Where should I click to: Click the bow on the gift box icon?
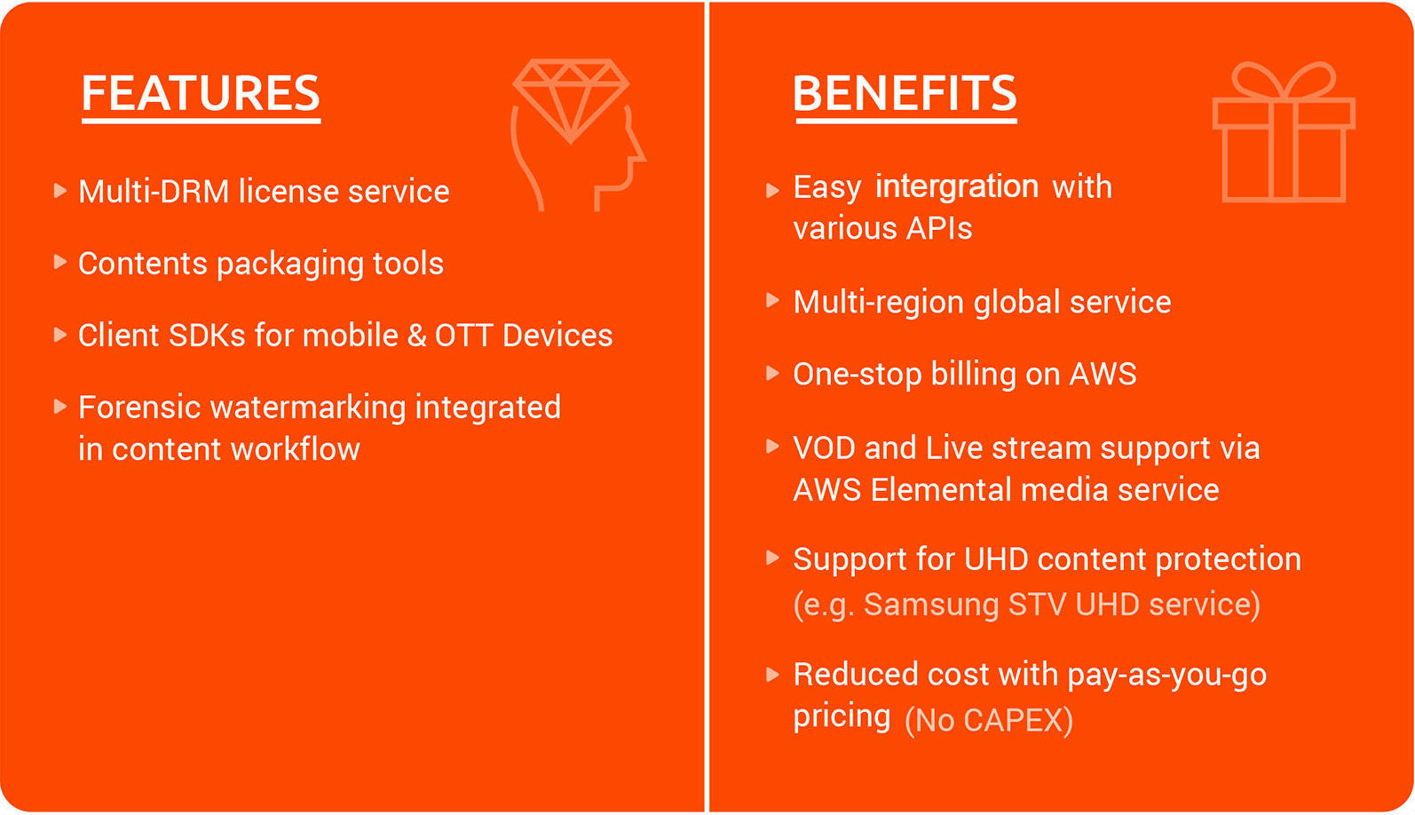click(x=1284, y=80)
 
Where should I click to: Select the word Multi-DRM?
click(x=154, y=191)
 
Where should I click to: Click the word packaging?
click(x=290, y=264)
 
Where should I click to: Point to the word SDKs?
click(x=207, y=335)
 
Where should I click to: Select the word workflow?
click(x=295, y=449)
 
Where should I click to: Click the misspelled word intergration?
click(x=957, y=186)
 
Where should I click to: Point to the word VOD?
click(x=824, y=448)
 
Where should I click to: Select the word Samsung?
click(x=931, y=605)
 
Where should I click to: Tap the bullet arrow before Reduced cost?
click(x=772, y=675)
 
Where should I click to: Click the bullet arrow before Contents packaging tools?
click(x=60, y=262)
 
